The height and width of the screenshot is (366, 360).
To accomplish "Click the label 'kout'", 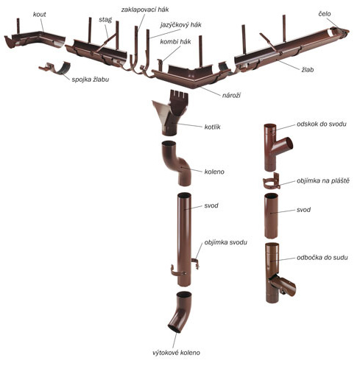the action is pyautogui.click(x=40, y=15).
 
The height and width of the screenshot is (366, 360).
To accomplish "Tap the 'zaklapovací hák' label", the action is pyautogui.click(x=145, y=10).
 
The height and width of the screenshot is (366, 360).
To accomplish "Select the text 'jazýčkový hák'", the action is pyautogui.click(x=181, y=25).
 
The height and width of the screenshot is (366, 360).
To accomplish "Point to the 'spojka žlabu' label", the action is pyautogui.click(x=91, y=80).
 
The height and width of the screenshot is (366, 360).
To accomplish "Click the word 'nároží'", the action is pyautogui.click(x=231, y=95).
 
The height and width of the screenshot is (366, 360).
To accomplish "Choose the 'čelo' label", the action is pyautogui.click(x=325, y=14).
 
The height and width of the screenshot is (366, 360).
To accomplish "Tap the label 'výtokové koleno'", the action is pyautogui.click(x=176, y=353).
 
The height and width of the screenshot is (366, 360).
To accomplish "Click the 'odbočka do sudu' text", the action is pyautogui.click(x=322, y=258).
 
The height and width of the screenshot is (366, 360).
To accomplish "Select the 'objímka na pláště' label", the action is pyautogui.click(x=323, y=181).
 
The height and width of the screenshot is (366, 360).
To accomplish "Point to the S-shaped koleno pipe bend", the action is pyautogui.click(x=177, y=163).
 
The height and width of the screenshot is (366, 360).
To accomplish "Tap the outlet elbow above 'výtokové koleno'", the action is pyautogui.click(x=180, y=312).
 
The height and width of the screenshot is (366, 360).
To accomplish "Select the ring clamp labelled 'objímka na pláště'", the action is pyautogui.click(x=272, y=182).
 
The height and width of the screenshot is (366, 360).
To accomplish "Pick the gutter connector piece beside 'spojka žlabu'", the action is pyautogui.click(x=55, y=68).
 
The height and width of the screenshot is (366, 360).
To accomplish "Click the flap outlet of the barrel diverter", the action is pyautogui.click(x=285, y=285).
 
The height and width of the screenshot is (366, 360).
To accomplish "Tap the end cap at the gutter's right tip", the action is pyautogui.click(x=341, y=32).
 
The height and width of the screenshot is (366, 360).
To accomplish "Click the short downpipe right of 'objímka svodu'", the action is pyautogui.click(x=271, y=216).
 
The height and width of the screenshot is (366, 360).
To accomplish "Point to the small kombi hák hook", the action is pyautogui.click(x=160, y=64).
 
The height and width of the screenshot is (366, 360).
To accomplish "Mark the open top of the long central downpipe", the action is pyautogui.click(x=184, y=196).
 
